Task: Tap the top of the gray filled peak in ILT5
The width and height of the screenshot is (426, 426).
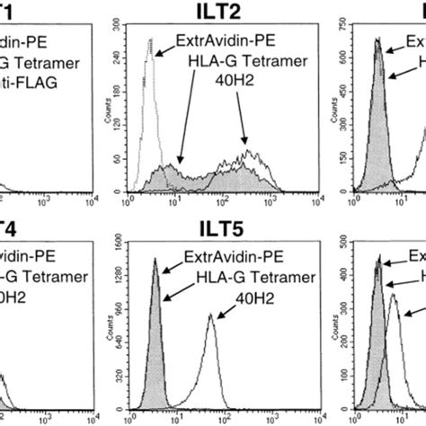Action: click(x=155, y=260)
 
